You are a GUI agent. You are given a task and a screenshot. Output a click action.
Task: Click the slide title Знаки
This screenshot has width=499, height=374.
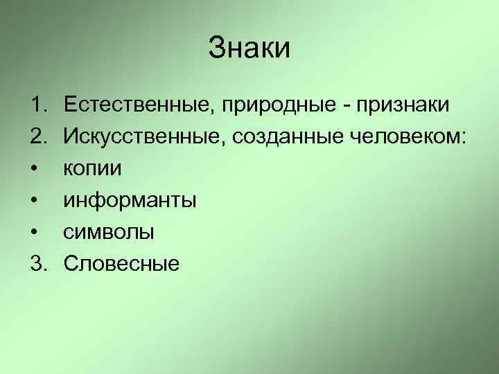(x=249, y=49)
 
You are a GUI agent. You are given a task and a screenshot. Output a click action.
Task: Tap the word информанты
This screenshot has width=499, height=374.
(x=130, y=201)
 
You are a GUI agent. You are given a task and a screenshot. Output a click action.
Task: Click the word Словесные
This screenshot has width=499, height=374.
(x=122, y=264)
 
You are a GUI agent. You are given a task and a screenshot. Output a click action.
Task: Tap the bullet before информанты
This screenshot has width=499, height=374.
(x=35, y=201)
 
